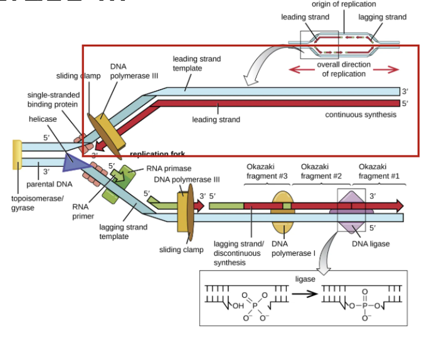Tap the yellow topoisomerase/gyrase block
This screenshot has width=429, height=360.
17,155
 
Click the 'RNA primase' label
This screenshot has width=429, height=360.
169,169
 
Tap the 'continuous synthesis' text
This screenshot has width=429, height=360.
360,115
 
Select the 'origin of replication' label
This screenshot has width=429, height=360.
344,4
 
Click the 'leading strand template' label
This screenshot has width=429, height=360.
196,63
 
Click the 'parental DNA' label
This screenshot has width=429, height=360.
49,184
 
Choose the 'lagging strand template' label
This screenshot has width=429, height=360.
123,231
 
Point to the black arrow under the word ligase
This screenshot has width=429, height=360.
305,294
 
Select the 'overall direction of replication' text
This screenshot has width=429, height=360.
343,69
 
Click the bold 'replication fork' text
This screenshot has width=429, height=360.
157,154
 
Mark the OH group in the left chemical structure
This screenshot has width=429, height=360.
236,306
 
